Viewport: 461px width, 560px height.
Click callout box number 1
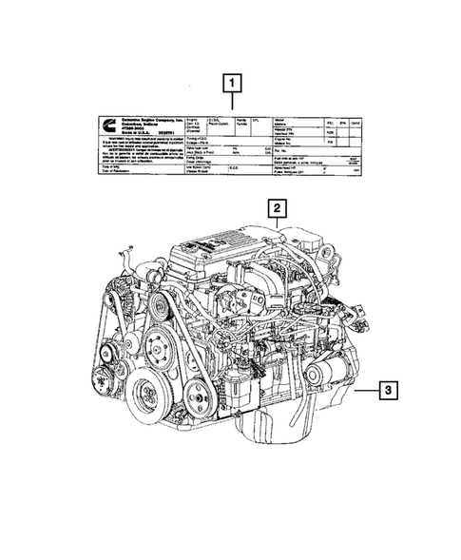(x=230, y=83)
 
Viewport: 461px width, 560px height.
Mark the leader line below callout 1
(x=230, y=102)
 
